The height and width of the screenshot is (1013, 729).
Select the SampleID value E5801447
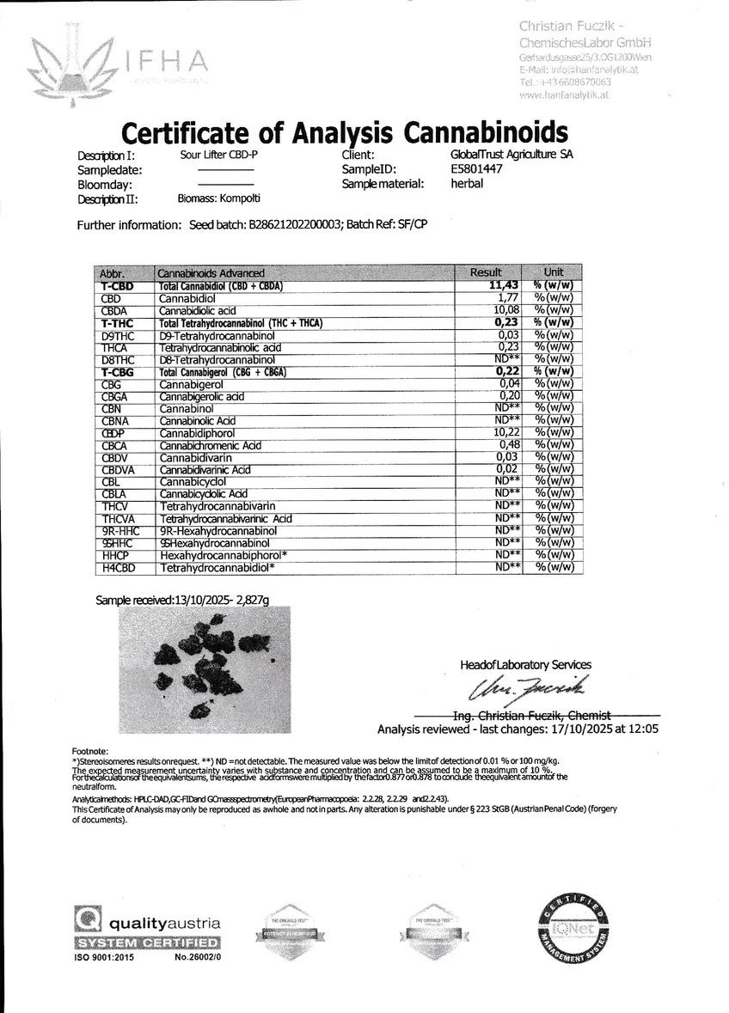476,169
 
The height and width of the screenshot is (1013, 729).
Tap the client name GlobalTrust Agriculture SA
512,156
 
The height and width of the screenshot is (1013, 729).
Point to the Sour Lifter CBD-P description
219,156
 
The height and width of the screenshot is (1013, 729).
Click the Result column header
485,272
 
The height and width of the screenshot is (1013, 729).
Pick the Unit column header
554,272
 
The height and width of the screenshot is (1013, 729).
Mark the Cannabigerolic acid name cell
202,396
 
